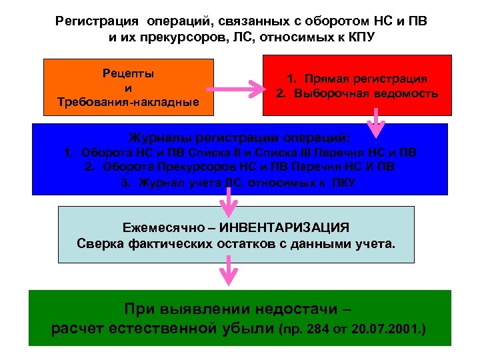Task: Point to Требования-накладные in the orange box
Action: click(x=129, y=101)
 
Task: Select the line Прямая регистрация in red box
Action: click(x=363, y=79)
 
